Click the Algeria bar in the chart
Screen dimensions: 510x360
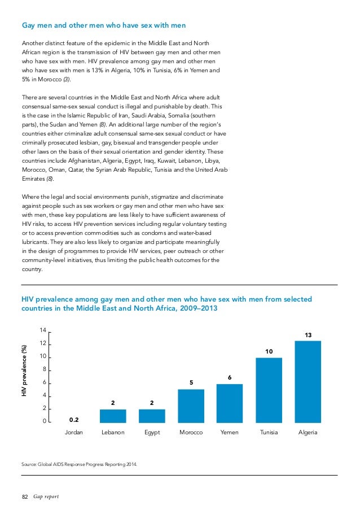click(x=308, y=381)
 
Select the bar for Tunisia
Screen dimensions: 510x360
click(x=269, y=390)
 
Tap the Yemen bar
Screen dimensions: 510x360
click(x=230, y=403)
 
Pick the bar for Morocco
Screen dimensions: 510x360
click(x=191, y=406)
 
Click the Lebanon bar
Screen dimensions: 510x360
click(x=113, y=416)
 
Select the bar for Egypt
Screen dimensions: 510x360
click(x=152, y=416)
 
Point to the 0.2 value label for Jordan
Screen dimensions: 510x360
click(x=74, y=420)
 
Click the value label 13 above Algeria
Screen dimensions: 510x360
click(x=308, y=335)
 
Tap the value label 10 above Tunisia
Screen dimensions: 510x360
click(x=269, y=352)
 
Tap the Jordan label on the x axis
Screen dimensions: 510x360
click(x=74, y=433)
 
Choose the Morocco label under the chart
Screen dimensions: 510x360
click(x=191, y=433)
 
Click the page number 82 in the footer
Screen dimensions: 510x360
click(x=24, y=497)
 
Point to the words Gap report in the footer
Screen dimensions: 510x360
click(x=46, y=497)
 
